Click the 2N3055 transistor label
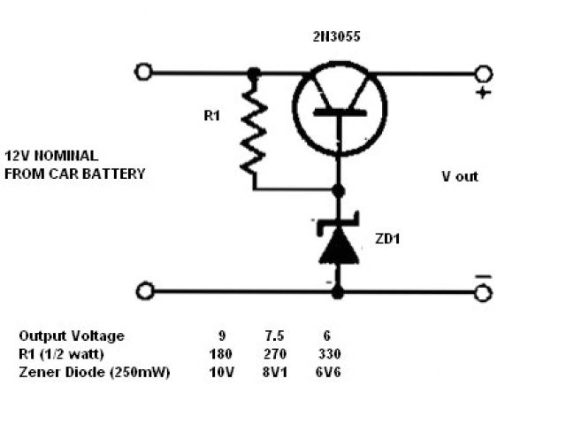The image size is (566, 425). pyautogui.click(x=337, y=38)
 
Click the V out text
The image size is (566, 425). pyautogui.click(x=460, y=176)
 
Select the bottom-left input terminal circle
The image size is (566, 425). pyautogui.click(x=147, y=290)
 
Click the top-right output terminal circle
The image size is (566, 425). pyautogui.click(x=483, y=73)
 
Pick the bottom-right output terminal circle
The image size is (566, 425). pyautogui.click(x=483, y=291)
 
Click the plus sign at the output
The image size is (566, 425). pyautogui.click(x=483, y=93)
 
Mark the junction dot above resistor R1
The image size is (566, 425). pyautogui.click(x=254, y=73)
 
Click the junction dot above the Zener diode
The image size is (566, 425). pyautogui.click(x=338, y=189)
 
